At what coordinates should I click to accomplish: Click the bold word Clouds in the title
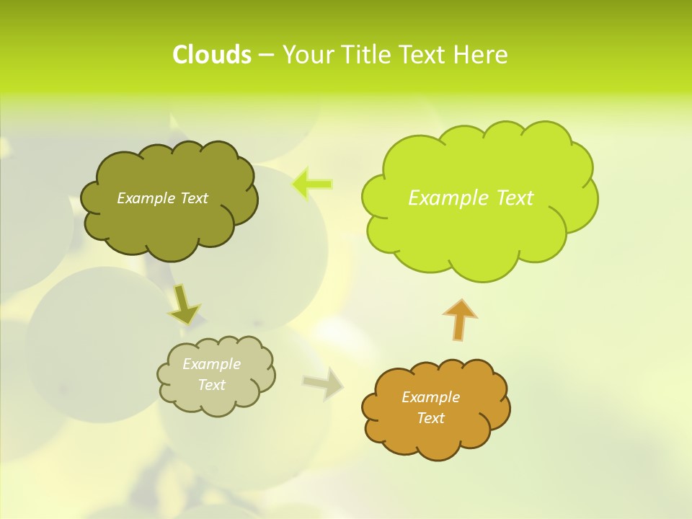pyautogui.click(x=212, y=55)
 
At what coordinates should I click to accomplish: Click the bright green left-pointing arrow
pyautogui.click(x=312, y=185)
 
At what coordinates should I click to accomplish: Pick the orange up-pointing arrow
pyautogui.click(x=459, y=319)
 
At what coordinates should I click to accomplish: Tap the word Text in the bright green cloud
pyautogui.click(x=514, y=198)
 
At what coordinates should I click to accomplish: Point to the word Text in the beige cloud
pyautogui.click(x=212, y=385)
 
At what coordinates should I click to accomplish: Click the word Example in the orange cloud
pyautogui.click(x=430, y=397)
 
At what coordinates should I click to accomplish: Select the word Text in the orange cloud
pyautogui.click(x=430, y=418)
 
